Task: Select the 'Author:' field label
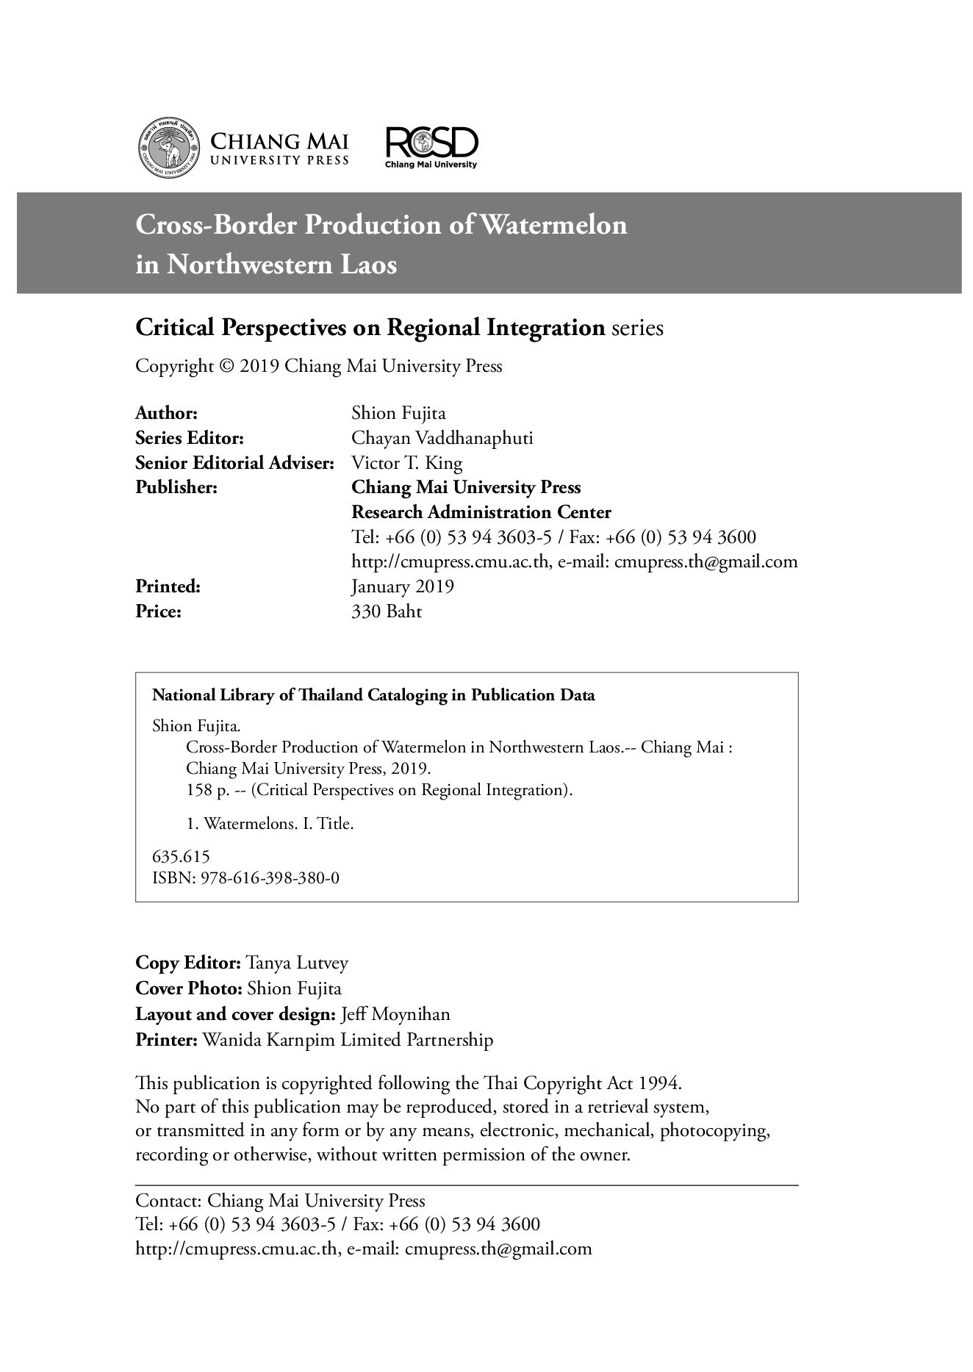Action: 167,413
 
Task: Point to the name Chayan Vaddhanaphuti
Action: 442,438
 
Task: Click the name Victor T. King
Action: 407,463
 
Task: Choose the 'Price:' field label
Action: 158,611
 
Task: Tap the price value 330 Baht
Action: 387,611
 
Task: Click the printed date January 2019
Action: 403,586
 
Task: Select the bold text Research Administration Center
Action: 481,512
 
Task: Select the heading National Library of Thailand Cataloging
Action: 373,695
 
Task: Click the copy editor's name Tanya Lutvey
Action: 297,963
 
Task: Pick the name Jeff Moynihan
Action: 396,1014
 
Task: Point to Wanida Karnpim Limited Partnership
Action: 348,1040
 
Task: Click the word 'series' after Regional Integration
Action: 637,328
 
